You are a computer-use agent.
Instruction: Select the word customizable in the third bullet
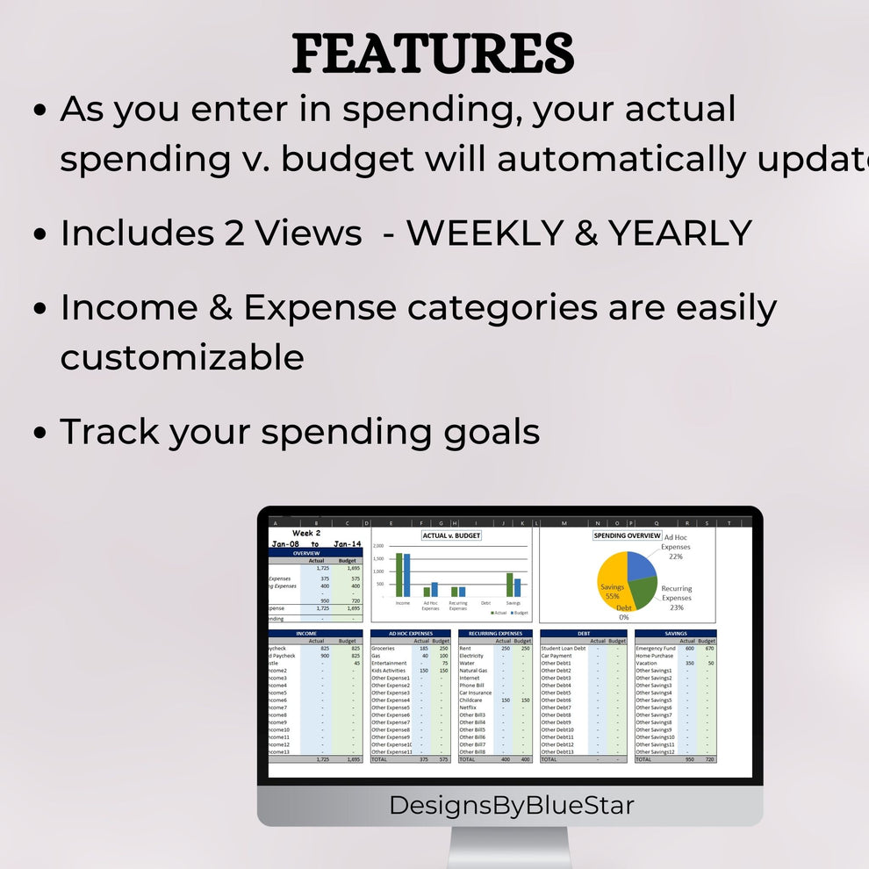pos(182,358)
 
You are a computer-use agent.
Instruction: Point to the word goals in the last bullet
pos(491,433)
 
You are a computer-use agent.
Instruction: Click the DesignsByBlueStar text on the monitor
pos(511,805)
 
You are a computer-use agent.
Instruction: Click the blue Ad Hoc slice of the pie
pos(641,565)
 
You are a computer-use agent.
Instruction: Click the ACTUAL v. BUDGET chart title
pos(451,535)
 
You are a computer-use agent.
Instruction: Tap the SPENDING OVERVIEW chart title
pos(627,535)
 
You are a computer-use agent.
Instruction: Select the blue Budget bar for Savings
pos(517,587)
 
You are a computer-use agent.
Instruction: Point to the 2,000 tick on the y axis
pos(379,546)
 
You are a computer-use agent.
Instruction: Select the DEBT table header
pos(584,633)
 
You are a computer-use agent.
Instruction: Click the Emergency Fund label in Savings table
pos(656,649)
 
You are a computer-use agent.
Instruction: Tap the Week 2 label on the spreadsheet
pos(306,533)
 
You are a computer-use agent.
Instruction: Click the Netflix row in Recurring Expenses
pos(468,707)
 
